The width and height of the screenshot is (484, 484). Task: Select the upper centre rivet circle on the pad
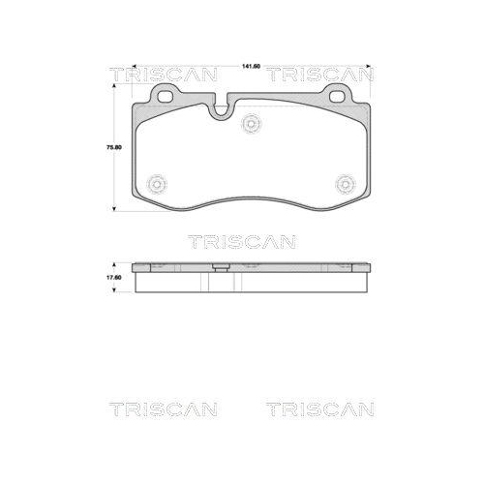[254, 123]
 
